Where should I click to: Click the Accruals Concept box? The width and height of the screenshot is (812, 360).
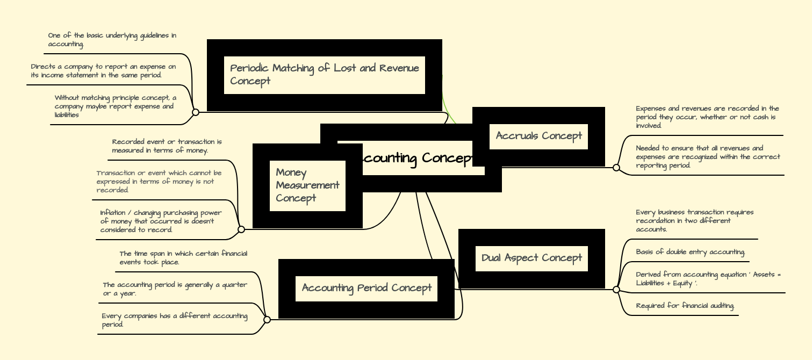pyautogui.click(x=538, y=136)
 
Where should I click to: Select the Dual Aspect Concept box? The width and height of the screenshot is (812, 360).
pyautogui.click(x=531, y=258)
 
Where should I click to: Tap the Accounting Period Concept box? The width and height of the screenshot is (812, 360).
pyautogui.click(x=367, y=289)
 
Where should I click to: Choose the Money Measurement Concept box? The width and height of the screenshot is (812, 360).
pyautogui.click(x=307, y=185)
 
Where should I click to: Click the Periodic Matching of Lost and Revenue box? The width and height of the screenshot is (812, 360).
pyautogui.click(x=324, y=75)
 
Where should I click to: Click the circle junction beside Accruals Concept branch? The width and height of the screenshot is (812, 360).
pyautogui.click(x=616, y=168)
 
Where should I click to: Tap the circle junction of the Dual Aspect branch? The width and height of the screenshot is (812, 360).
pyautogui.click(x=616, y=290)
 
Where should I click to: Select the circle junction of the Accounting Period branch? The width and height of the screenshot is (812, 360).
pyautogui.click(x=267, y=320)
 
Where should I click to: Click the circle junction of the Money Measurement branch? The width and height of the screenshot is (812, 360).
pyautogui.click(x=241, y=229)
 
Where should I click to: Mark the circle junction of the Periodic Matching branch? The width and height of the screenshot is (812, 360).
pyautogui.click(x=196, y=112)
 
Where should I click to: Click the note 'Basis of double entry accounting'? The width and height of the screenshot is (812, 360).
pyautogui.click(x=690, y=252)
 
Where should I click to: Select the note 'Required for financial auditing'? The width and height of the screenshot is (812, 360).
pyautogui.click(x=685, y=306)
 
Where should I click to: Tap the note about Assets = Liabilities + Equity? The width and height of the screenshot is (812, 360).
pyautogui.click(x=708, y=279)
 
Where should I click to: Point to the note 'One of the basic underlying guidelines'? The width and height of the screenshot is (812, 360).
pyautogui.click(x=112, y=40)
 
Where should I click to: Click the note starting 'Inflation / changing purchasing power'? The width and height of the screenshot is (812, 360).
pyautogui.click(x=161, y=221)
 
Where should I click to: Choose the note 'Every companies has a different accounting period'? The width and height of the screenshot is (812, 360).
pyautogui.click(x=174, y=320)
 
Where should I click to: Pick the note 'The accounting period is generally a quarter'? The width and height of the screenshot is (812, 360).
pyautogui.click(x=175, y=289)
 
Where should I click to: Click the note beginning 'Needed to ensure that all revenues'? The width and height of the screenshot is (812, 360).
pyautogui.click(x=707, y=157)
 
